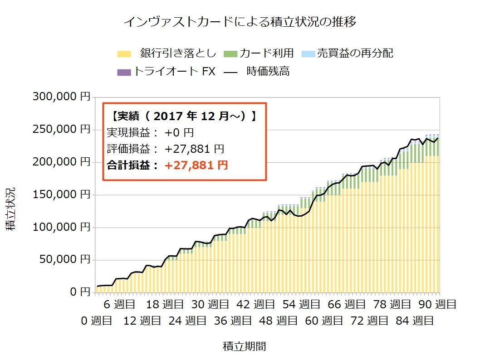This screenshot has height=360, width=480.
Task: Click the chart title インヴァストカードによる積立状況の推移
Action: coord(240,22)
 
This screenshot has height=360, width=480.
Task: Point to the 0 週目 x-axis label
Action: coord(96,321)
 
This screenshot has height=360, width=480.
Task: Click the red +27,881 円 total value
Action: coord(196,165)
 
